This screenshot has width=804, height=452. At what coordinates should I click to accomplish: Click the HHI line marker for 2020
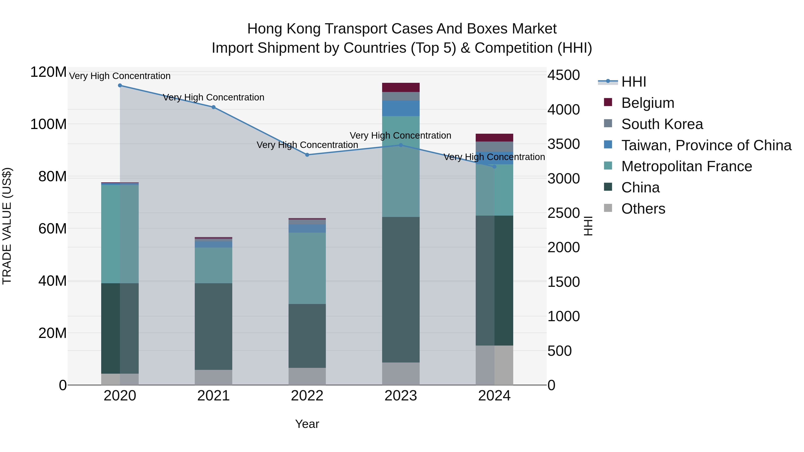tap(120, 85)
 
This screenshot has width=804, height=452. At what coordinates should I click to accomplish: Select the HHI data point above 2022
tap(307, 155)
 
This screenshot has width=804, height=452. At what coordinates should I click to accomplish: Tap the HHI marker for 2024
tap(494, 167)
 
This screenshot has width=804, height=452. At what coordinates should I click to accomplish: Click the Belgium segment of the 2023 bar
tap(401, 87)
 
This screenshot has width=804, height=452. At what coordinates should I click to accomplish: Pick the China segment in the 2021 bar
tap(214, 326)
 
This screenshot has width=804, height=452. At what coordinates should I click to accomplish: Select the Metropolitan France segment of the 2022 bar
tap(307, 268)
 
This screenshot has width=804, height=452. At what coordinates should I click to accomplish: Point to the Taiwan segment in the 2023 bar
tap(401, 108)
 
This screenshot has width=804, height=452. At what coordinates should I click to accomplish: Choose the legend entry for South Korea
tap(662, 124)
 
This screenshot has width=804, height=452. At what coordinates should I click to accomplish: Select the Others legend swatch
tap(608, 208)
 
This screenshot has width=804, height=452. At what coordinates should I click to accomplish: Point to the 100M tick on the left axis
tap(48, 124)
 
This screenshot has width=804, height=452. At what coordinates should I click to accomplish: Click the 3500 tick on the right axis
tap(564, 144)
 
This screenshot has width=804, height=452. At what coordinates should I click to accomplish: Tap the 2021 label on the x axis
tap(214, 396)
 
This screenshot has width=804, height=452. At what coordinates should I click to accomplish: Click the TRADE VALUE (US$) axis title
tap(7, 226)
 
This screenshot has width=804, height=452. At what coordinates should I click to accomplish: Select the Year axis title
tap(307, 424)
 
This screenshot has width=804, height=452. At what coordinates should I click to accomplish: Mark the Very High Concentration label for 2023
tap(400, 136)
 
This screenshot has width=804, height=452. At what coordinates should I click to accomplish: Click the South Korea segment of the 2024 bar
tap(494, 147)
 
